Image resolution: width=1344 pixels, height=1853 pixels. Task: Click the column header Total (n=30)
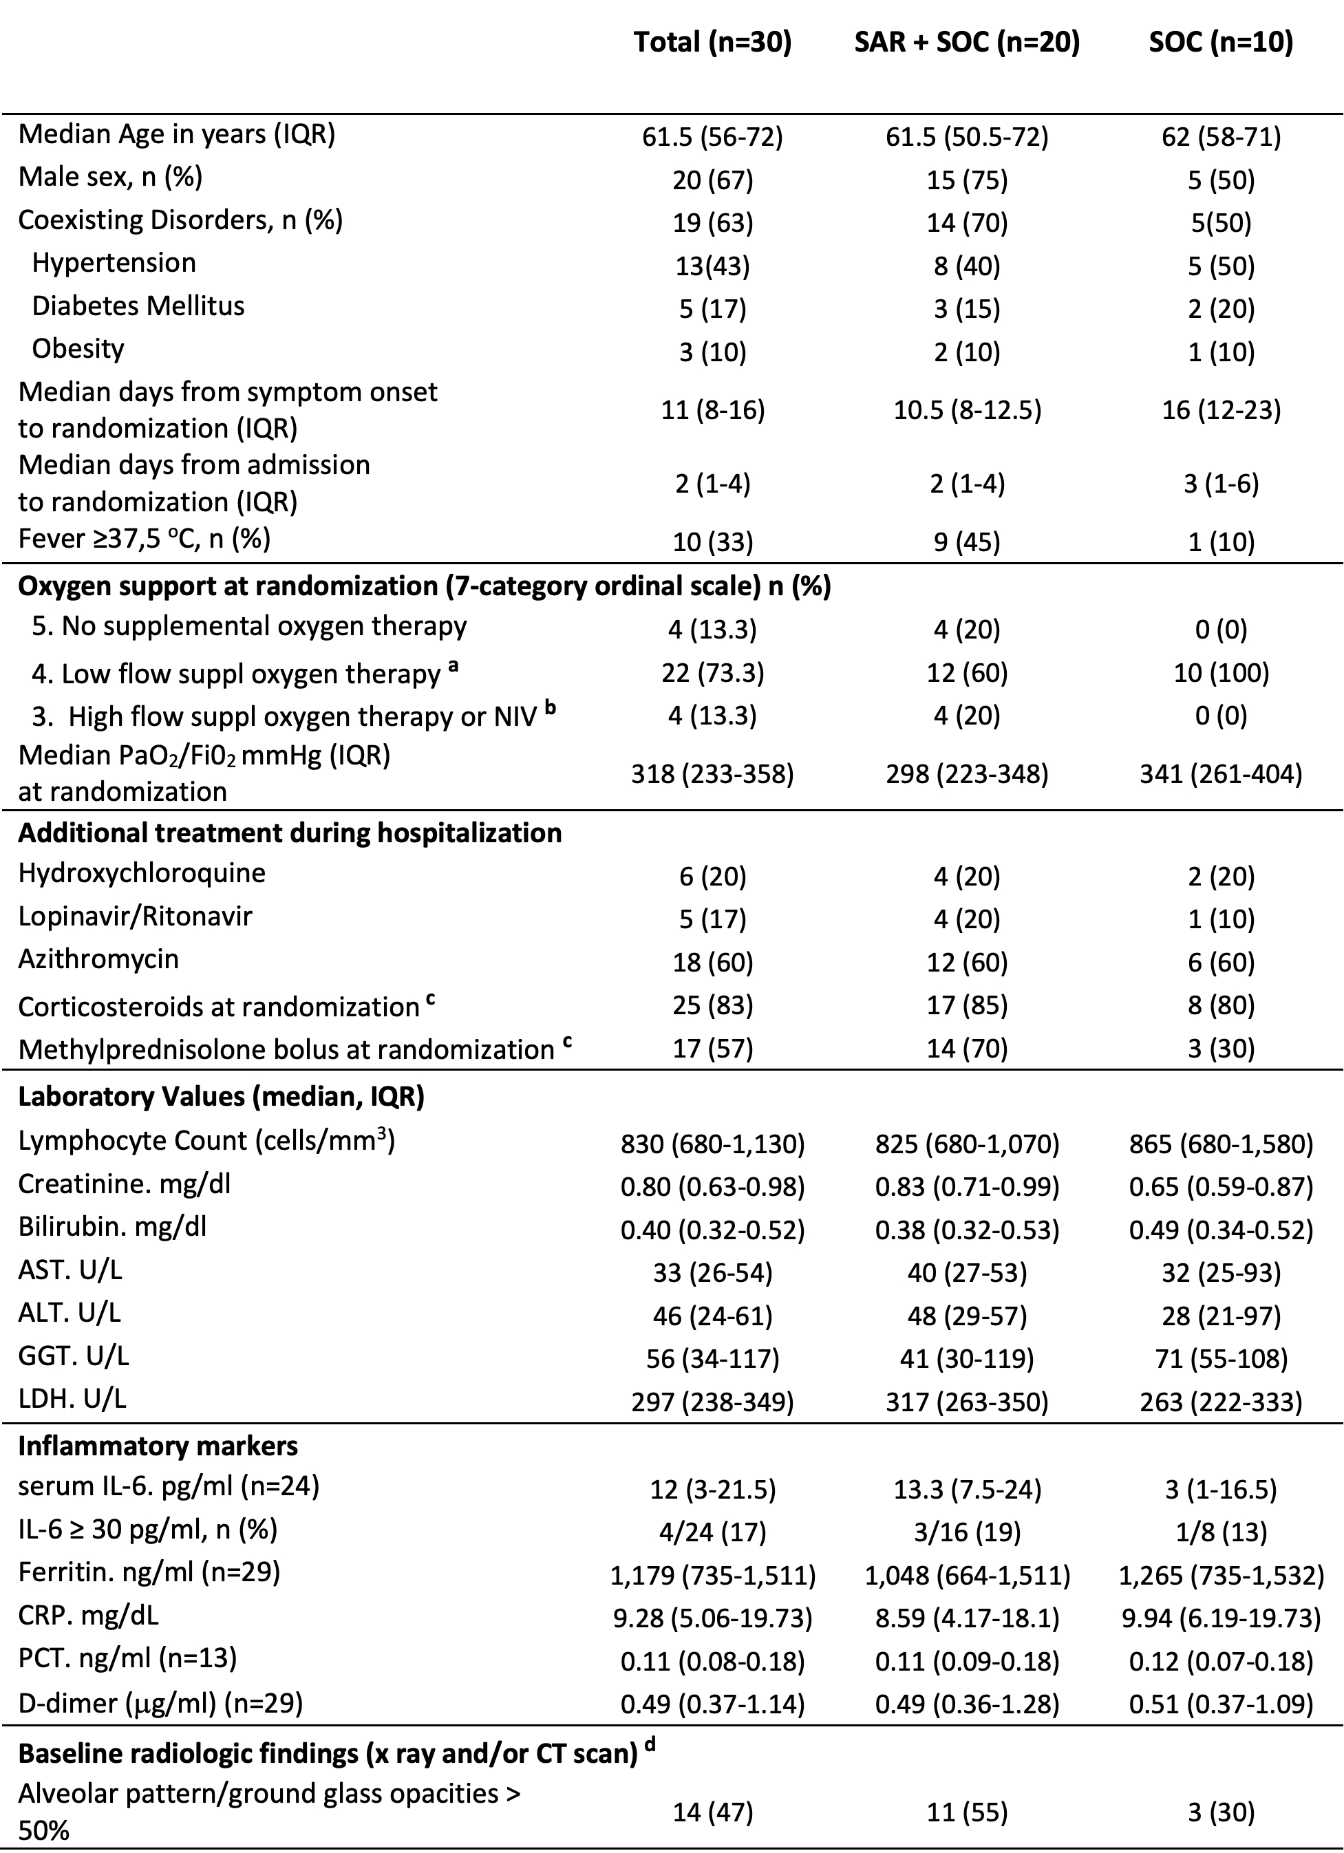click(x=712, y=43)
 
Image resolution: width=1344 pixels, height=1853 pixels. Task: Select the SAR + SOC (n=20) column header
click(x=966, y=43)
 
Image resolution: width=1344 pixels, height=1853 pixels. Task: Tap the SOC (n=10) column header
click(x=1221, y=43)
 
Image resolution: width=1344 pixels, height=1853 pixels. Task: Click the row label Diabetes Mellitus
click(x=138, y=306)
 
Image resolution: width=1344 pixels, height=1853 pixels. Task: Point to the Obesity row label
click(x=78, y=349)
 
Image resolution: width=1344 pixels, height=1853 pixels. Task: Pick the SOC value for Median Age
click(x=1221, y=136)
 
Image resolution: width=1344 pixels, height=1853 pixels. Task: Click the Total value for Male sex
click(x=712, y=180)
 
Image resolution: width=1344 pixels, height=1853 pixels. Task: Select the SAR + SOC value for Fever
click(x=966, y=542)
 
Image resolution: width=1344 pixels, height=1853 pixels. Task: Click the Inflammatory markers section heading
click(x=158, y=1446)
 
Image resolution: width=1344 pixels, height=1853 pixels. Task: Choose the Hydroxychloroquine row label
click(x=142, y=873)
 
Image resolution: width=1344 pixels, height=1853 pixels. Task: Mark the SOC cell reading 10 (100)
click(x=1221, y=672)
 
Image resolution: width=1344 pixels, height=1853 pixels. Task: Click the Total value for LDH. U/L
click(x=712, y=1402)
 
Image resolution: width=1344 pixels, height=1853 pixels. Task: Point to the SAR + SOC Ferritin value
click(x=966, y=1574)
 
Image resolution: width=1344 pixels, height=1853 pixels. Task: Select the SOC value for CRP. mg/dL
click(x=1221, y=1618)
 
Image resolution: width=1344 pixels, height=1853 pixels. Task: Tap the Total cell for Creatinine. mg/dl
click(x=712, y=1186)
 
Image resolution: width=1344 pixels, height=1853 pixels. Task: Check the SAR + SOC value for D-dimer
click(x=966, y=1704)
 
